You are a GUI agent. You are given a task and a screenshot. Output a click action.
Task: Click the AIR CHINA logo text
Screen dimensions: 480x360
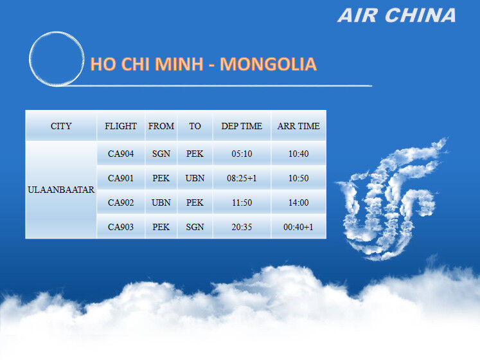click(x=396, y=15)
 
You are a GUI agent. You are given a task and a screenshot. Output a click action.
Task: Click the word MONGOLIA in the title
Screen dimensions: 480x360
click(x=268, y=64)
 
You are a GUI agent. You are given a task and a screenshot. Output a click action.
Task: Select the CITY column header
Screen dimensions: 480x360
click(x=61, y=126)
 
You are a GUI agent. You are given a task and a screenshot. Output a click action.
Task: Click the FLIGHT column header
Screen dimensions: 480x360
click(x=121, y=126)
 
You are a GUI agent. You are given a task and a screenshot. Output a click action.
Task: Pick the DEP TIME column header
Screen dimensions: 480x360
click(x=242, y=126)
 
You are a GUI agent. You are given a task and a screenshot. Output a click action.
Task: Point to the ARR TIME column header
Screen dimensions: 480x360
click(x=298, y=126)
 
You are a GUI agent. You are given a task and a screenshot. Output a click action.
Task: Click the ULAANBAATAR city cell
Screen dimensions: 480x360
click(x=61, y=190)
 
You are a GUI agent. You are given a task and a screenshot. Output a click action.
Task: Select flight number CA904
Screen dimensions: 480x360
click(x=121, y=154)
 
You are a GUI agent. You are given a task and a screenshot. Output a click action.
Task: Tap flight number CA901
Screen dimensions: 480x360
click(x=121, y=178)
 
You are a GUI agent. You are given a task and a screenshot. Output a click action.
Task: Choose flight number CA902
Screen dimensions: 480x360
click(x=121, y=203)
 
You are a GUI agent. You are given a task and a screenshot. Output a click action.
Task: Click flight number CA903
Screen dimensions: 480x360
click(x=121, y=227)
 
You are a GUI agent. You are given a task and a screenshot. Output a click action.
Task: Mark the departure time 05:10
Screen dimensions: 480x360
click(x=242, y=154)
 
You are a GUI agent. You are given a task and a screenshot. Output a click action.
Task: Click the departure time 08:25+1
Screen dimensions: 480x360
click(x=242, y=178)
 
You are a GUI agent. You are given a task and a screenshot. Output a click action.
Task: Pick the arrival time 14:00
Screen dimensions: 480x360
click(x=298, y=203)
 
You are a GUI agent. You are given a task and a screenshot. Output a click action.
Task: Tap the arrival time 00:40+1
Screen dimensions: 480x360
click(x=298, y=227)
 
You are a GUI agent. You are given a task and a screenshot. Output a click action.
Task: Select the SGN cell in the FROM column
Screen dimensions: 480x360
click(x=161, y=154)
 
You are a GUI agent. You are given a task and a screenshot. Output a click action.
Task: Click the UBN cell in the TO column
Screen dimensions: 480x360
click(x=195, y=178)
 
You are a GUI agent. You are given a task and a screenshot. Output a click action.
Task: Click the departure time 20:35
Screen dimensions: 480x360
click(x=242, y=227)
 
